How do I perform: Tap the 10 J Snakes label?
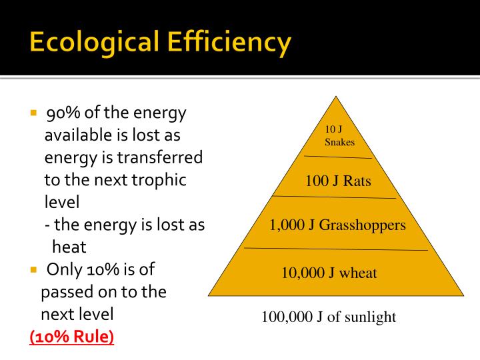[x=339, y=135]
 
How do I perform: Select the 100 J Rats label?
[x=338, y=181]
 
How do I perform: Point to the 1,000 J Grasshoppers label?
[x=337, y=225]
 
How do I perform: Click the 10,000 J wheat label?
[x=329, y=272]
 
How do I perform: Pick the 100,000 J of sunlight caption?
[x=329, y=317]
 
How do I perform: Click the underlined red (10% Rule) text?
[x=72, y=337]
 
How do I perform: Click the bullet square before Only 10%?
[x=33, y=270]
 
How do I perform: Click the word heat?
[x=69, y=247]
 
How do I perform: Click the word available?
[x=79, y=135]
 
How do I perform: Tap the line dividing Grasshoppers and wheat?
[x=335, y=249]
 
